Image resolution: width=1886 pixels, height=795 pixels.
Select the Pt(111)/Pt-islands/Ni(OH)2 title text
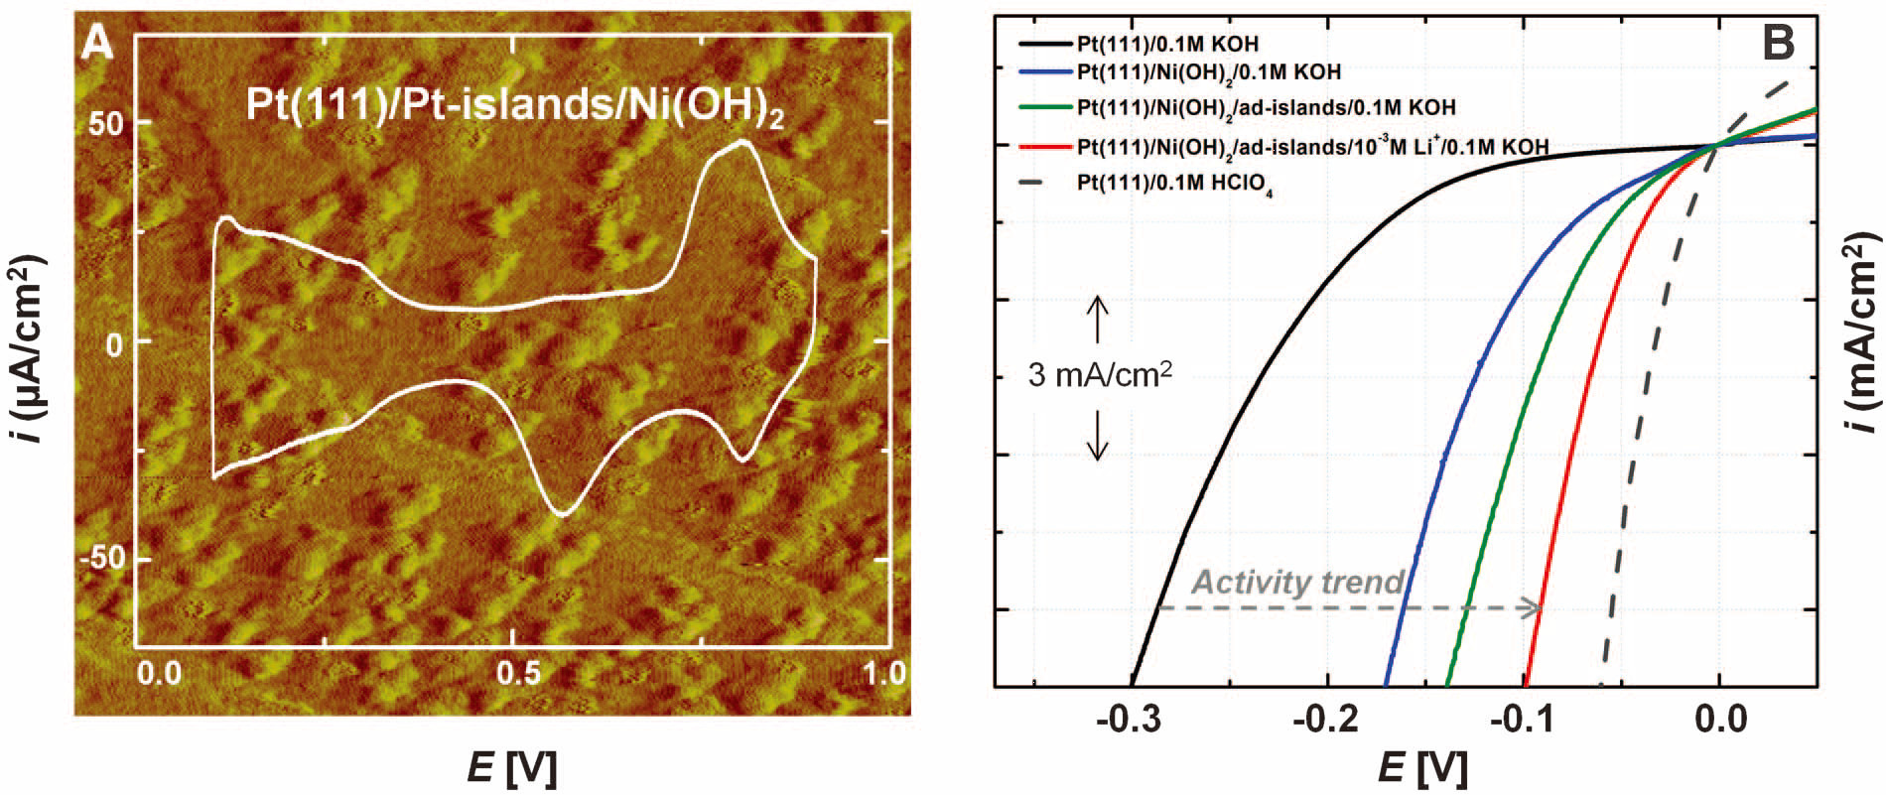514,108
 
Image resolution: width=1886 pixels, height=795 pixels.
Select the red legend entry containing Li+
1310,147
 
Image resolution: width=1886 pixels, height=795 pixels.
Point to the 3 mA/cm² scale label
1096,377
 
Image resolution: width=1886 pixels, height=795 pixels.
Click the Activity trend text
1297,582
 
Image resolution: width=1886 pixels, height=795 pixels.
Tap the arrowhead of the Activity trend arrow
1535,608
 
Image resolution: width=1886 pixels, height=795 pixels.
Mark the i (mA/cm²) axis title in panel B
1863,337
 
